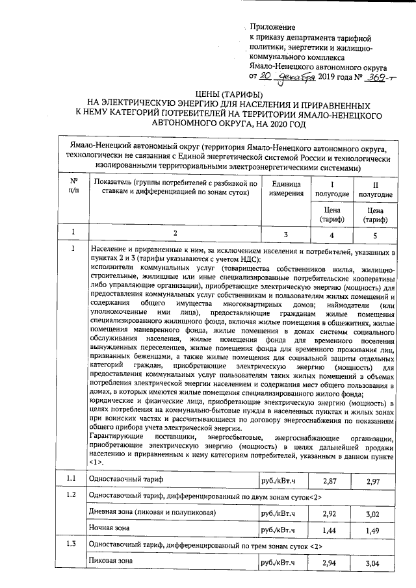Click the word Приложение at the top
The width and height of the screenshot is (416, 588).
tap(273, 28)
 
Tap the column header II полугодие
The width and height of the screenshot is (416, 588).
tap(374, 189)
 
